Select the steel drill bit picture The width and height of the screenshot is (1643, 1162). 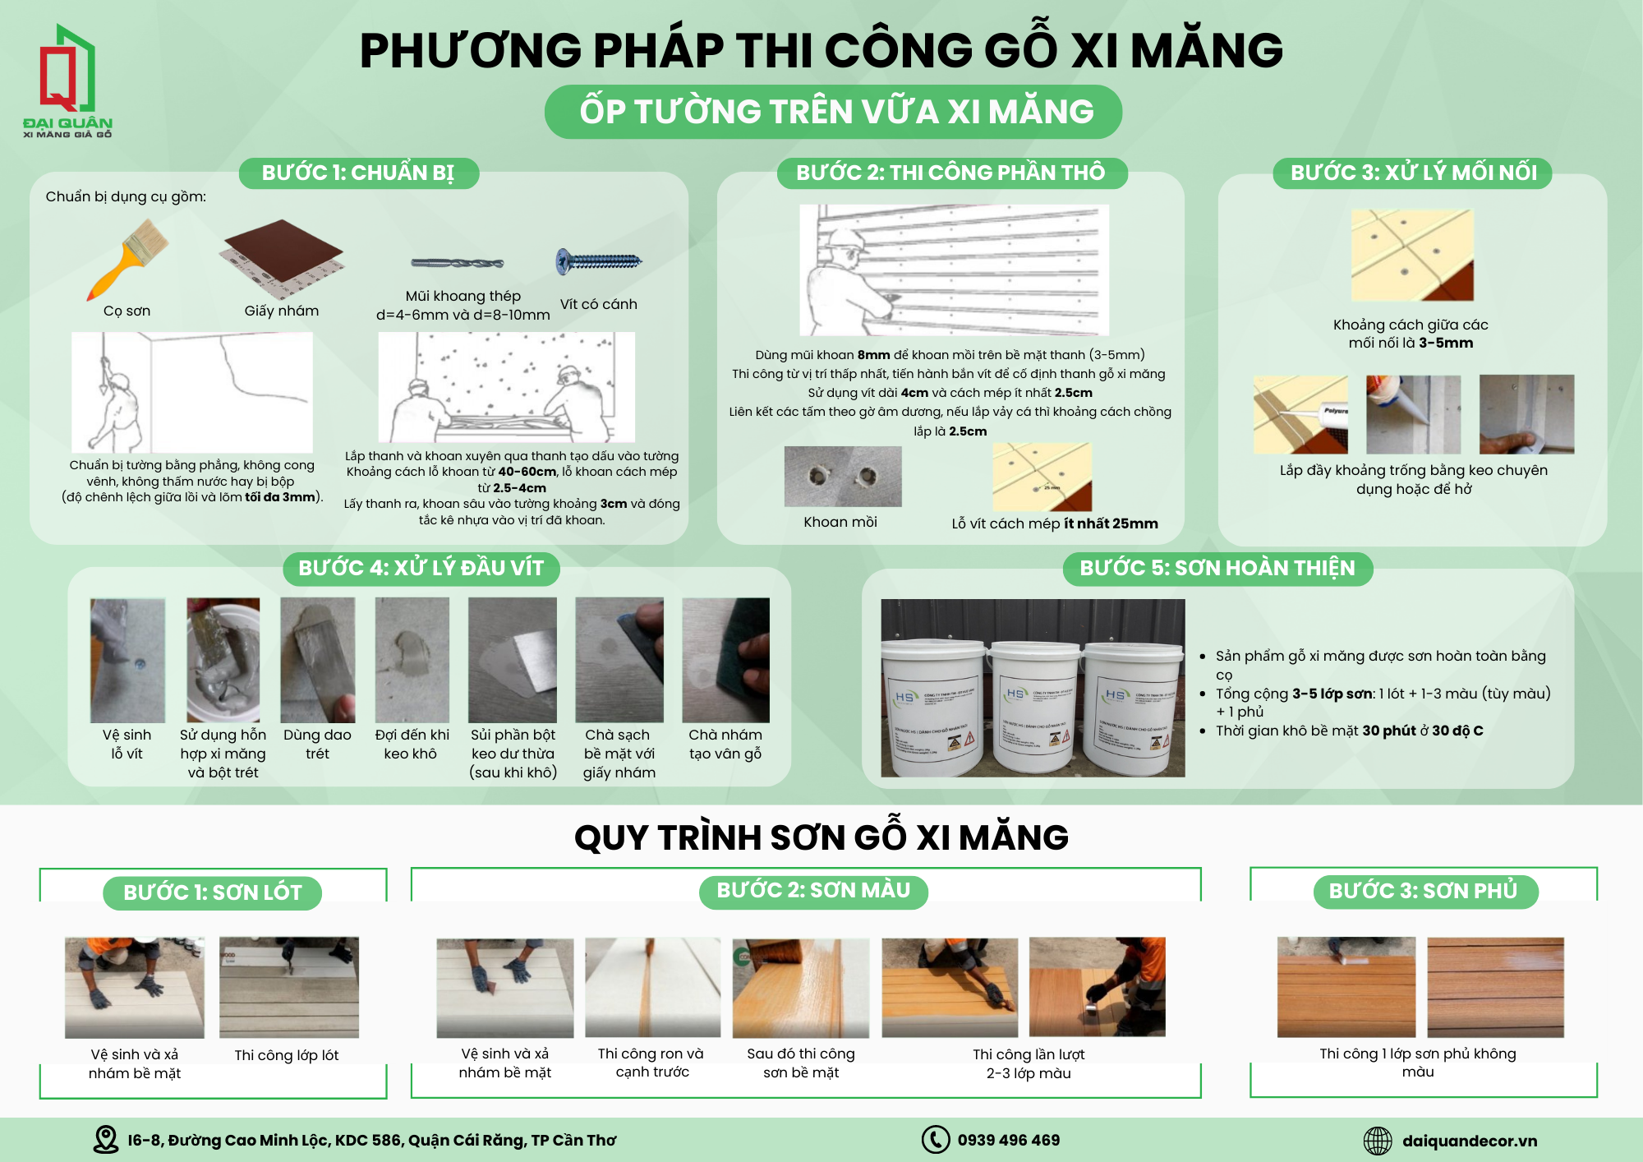click(458, 264)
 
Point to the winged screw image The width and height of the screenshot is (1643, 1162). click(599, 261)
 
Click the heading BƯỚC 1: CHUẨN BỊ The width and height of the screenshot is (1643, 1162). click(358, 173)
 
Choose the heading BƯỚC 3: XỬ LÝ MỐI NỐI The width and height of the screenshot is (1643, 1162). click(1413, 173)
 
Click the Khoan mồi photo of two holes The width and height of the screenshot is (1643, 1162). click(843, 477)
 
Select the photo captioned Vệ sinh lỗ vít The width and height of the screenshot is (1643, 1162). click(127, 661)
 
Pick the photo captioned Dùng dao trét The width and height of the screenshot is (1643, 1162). click(318, 661)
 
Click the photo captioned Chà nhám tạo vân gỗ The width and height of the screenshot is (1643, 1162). click(726, 661)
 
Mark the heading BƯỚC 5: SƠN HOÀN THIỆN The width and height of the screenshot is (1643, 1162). click(1217, 569)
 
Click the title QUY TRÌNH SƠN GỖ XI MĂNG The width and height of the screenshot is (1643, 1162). click(821, 838)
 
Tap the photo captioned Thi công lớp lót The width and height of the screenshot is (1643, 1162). click(289, 987)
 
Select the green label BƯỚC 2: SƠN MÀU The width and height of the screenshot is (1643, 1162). click(813, 892)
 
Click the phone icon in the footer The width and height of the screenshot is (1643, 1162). click(935, 1140)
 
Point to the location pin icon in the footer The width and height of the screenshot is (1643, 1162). click(106, 1140)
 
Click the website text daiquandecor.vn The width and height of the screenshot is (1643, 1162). click(1470, 1141)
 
